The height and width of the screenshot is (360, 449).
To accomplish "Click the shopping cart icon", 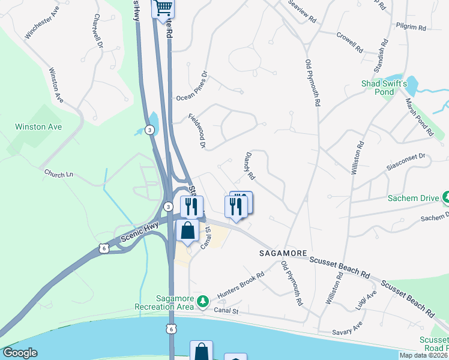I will click(x=163, y=8).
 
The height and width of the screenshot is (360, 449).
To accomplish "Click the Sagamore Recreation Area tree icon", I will click(x=203, y=300).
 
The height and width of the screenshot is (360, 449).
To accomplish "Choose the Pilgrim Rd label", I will click(x=411, y=28).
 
